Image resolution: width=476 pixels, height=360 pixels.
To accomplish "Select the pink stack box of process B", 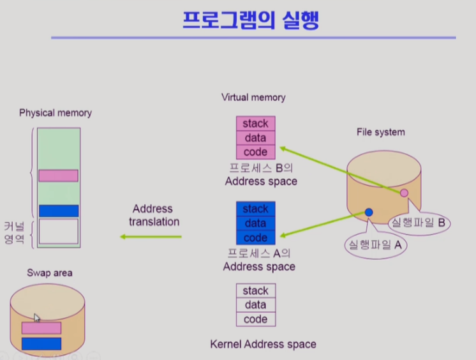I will [x=255, y=123].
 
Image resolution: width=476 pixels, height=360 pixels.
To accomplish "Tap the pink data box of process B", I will [x=255, y=138].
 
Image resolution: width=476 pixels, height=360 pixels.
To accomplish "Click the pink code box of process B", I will [x=255, y=152].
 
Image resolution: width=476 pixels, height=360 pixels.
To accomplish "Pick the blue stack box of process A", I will [x=255, y=209].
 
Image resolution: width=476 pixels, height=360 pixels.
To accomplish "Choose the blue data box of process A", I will [x=255, y=223].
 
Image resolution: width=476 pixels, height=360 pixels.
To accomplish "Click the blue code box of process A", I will [x=255, y=237].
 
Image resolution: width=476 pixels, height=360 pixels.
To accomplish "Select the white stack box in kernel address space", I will [x=255, y=291].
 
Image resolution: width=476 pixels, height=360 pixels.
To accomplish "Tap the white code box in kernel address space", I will [x=255, y=319].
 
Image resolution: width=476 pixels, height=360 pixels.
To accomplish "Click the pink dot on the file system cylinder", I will [x=404, y=193].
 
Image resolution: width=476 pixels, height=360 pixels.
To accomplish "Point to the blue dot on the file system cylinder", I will [x=369, y=212].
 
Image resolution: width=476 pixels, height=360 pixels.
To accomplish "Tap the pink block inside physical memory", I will [x=58, y=176].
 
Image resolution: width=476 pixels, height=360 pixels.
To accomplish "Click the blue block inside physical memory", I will [x=58, y=211].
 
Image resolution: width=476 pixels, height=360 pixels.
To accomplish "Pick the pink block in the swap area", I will [x=41, y=328].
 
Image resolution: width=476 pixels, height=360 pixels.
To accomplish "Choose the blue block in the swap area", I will [x=41, y=343].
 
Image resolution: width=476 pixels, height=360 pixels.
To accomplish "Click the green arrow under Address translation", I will [x=152, y=237].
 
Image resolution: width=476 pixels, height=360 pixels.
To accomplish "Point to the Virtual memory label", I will [x=253, y=98].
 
